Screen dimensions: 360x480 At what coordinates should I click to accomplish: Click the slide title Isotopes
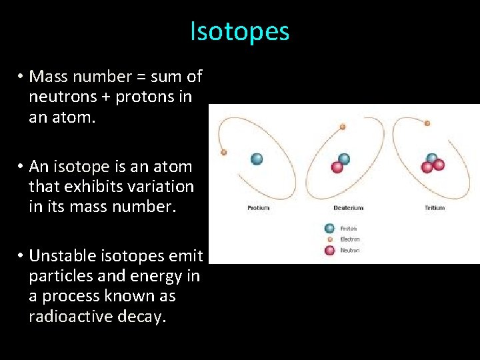click(240, 31)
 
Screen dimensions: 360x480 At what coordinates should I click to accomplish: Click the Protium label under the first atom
click(259, 208)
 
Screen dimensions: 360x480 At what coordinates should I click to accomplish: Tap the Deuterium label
click(349, 208)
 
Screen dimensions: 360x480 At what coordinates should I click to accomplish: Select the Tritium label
click(435, 208)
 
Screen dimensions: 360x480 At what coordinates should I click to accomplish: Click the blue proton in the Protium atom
click(257, 159)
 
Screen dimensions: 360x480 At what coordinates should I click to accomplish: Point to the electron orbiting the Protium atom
click(224, 152)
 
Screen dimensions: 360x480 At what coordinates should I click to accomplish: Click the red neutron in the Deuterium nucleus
click(337, 167)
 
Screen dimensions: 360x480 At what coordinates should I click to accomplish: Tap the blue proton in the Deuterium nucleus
click(344, 159)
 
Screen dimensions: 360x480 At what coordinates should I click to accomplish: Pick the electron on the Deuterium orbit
click(343, 127)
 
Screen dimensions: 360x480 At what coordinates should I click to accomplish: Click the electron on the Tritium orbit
click(427, 123)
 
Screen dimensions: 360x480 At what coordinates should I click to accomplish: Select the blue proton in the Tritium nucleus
click(432, 159)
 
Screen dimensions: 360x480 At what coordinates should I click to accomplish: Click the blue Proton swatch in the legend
click(329, 228)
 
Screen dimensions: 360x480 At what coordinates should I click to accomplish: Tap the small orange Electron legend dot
click(329, 239)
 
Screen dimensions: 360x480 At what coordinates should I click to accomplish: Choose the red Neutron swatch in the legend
click(329, 250)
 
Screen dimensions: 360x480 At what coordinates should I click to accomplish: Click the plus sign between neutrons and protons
click(107, 97)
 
